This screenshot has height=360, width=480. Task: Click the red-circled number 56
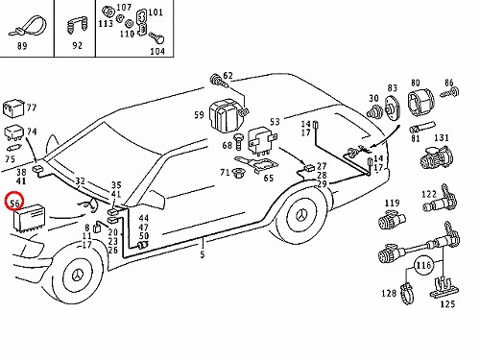pyautogui.click(x=14, y=203)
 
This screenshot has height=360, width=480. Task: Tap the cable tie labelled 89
pyautogui.click(x=27, y=26)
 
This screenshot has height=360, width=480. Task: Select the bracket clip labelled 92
pyautogui.click(x=77, y=26)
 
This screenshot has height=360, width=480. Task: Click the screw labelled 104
pyautogui.click(x=157, y=38)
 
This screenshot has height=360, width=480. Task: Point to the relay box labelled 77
pyautogui.click(x=12, y=108)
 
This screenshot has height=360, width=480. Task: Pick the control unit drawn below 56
pyautogui.click(x=29, y=219)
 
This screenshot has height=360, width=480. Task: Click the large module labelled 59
pyautogui.click(x=225, y=115)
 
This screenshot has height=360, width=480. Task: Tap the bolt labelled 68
pyautogui.click(x=238, y=142)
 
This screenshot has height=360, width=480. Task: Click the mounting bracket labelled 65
pyautogui.click(x=256, y=164)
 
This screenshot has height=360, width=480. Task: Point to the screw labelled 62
pyautogui.click(x=220, y=81)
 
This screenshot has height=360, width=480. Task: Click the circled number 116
pyautogui.click(x=423, y=265)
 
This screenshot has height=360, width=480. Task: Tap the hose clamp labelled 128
pyautogui.click(x=408, y=293)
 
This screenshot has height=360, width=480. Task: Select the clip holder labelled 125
pyautogui.click(x=444, y=288)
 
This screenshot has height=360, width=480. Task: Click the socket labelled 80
pyautogui.click(x=420, y=102)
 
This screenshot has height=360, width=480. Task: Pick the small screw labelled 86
pyautogui.click(x=449, y=93)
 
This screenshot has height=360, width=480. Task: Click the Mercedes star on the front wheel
pyautogui.click(x=78, y=276)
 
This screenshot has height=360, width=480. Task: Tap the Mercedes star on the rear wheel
pyautogui.click(x=301, y=216)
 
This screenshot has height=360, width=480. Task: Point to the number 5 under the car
pyautogui.click(x=203, y=254)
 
